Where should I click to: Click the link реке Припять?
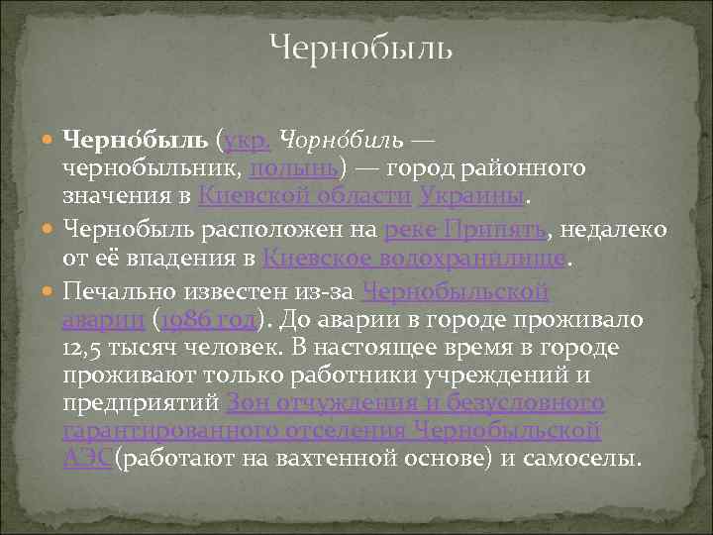click(465, 230)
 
